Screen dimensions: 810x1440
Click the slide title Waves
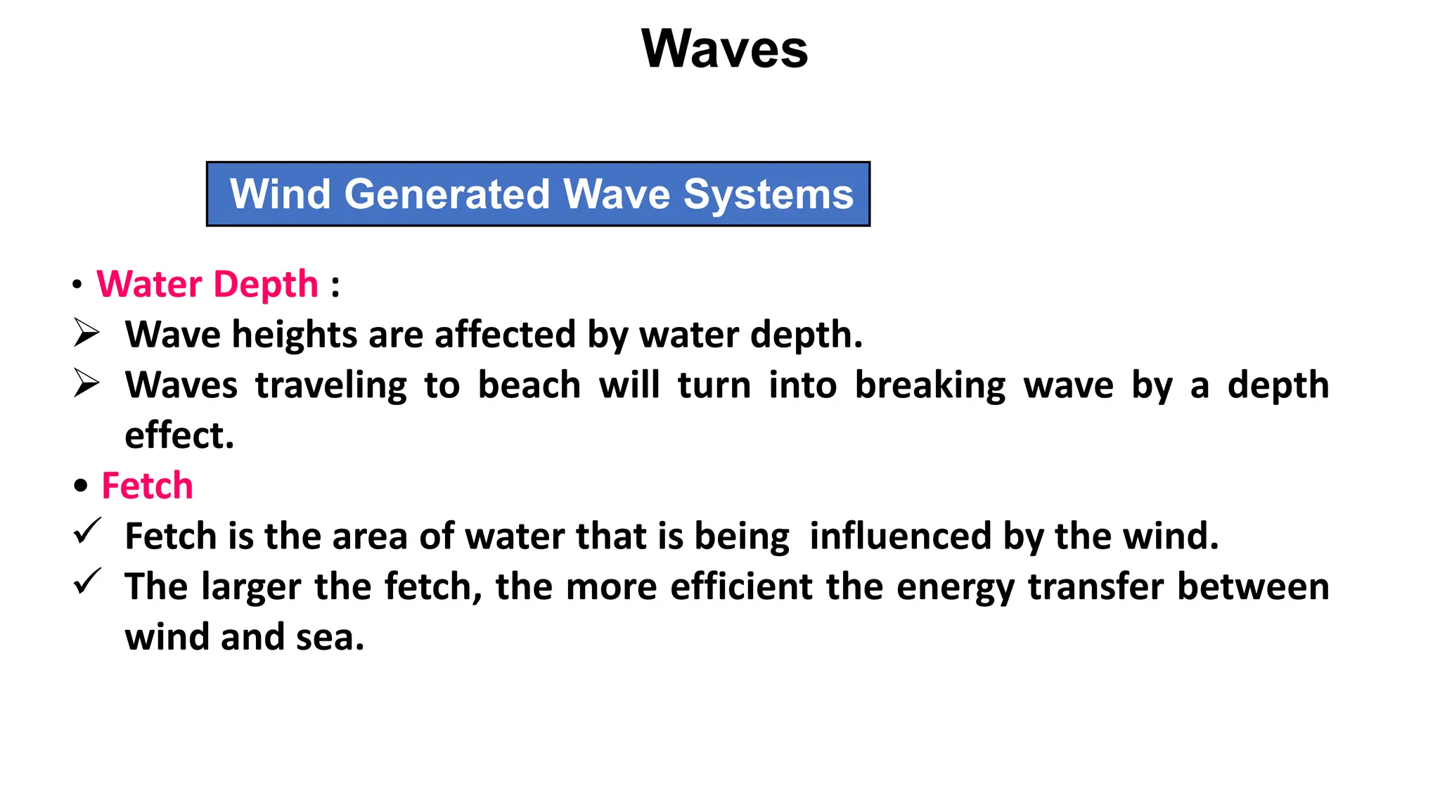click(725, 49)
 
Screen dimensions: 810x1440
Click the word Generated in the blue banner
click(447, 194)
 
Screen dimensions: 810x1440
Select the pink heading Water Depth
click(207, 284)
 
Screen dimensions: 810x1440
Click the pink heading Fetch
click(147, 486)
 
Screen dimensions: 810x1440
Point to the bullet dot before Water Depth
click(77, 285)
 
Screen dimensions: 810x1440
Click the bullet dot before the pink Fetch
click(81, 486)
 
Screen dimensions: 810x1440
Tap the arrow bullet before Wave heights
click(86, 333)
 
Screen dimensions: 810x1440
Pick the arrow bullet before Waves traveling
click(86, 383)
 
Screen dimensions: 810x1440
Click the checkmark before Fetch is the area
click(87, 532)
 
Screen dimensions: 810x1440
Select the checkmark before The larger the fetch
click(87, 582)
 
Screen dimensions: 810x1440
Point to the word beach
click(529, 385)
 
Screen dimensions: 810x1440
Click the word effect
click(179, 435)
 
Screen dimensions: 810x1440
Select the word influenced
click(900, 536)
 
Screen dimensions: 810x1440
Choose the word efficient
click(741, 586)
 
